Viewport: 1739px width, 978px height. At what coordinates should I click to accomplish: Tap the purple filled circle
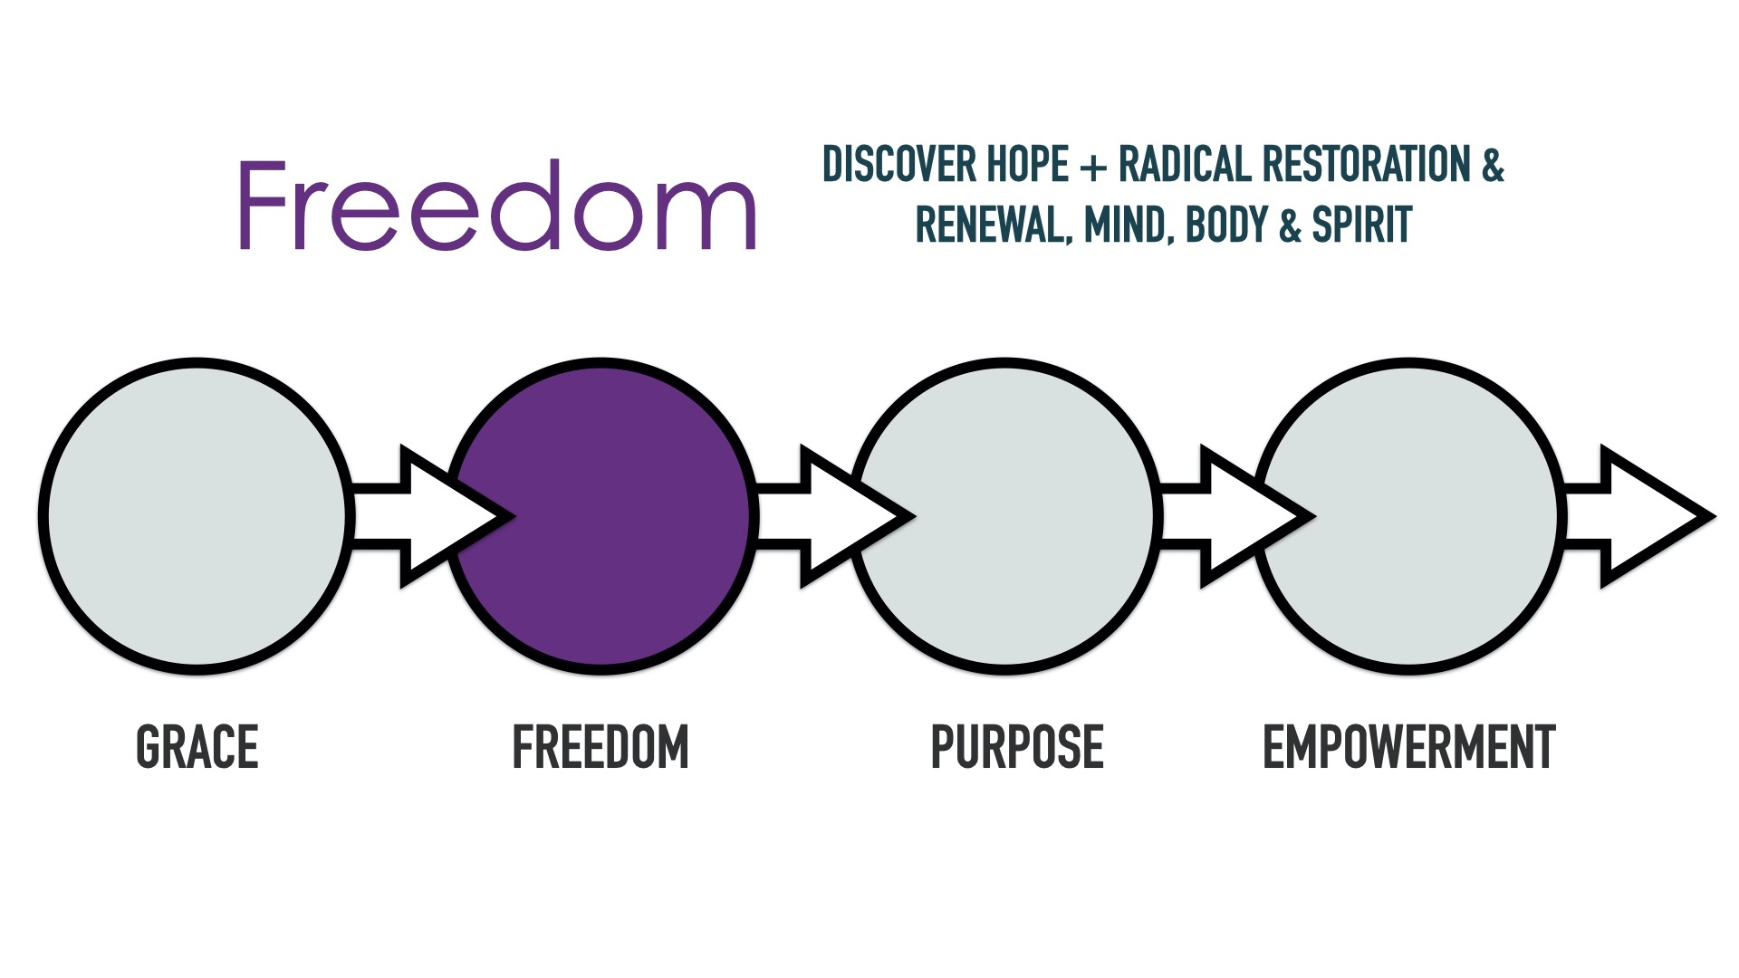tap(601, 516)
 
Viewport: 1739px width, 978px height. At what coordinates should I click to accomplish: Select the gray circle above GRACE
tap(197, 516)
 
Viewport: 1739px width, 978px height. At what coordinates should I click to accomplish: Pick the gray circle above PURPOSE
tap(1005, 516)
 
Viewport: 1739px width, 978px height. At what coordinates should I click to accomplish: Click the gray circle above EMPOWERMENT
tap(1409, 516)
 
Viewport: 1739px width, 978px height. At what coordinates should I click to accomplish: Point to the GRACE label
tap(197, 747)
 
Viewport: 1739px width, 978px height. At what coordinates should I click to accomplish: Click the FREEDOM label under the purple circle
tap(600, 747)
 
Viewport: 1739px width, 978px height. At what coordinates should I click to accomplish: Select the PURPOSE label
tap(1017, 747)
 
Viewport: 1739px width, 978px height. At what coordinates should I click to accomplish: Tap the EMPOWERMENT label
tap(1408, 747)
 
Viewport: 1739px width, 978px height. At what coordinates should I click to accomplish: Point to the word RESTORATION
tap(1367, 164)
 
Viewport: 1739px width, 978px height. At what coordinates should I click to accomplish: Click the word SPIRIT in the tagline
tap(1362, 225)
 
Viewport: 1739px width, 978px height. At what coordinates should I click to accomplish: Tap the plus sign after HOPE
tap(1094, 166)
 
